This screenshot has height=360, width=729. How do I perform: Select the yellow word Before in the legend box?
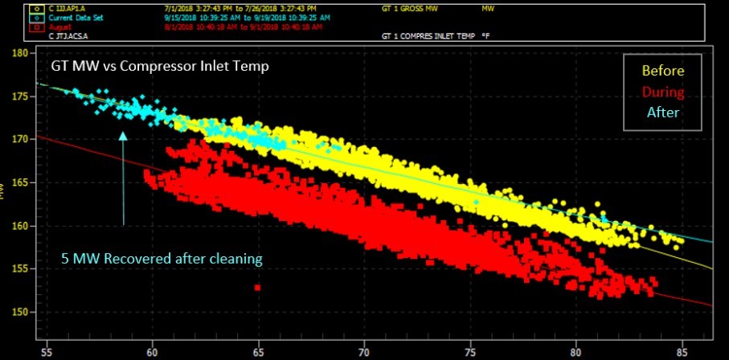coord(663,71)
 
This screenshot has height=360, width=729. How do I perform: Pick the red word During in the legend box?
coord(663,92)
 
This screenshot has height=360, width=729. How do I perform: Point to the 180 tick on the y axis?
coord(21,53)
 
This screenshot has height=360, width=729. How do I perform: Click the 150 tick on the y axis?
coord(21,312)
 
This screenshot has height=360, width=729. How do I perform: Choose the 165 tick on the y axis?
coord(21,182)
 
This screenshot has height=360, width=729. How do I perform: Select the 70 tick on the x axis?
coord(363,350)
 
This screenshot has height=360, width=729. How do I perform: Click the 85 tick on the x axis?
coord(681,350)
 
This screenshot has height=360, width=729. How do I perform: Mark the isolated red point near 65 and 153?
coord(257,287)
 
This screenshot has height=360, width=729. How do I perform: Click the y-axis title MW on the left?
coord(6,190)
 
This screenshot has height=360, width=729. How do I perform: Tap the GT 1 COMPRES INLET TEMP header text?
coord(429,36)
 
